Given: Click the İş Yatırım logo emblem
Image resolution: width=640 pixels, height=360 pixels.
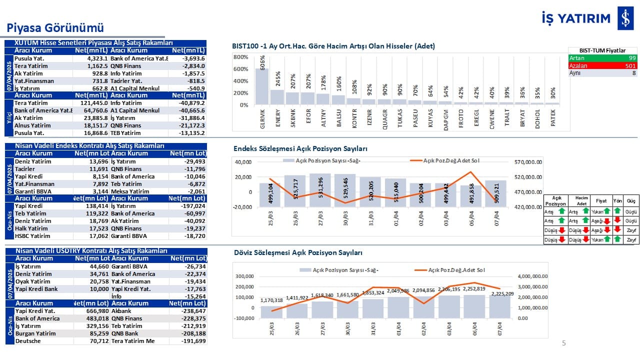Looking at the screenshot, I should coord(624,19).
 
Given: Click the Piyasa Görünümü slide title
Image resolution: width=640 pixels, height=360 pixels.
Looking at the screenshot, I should coord(55,27).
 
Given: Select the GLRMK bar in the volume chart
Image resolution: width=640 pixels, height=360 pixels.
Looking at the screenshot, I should coord(262,86).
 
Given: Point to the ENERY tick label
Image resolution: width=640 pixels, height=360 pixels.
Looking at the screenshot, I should coord(278,119).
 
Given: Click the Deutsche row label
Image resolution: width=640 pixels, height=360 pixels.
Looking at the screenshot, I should coord(27,341).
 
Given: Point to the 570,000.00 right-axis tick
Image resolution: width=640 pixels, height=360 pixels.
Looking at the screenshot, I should coord(532,162).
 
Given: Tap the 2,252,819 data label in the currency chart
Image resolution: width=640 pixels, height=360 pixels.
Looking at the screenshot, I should coord(474,288).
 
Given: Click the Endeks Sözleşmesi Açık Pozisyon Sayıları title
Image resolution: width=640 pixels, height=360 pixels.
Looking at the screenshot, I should coord(300,149).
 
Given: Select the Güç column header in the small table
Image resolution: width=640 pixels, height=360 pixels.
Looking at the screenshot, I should coord(631,200).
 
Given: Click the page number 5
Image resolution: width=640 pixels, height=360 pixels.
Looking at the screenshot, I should coord(564,343).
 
